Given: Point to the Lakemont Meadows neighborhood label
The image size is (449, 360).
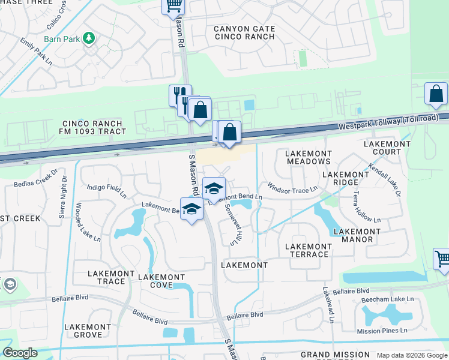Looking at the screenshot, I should coord(309,157).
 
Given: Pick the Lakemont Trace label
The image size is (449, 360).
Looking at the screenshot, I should coord(110,277).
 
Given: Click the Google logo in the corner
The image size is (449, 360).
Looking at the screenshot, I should coord(20,353).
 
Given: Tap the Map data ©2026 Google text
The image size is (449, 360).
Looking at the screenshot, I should coord(412,355).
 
